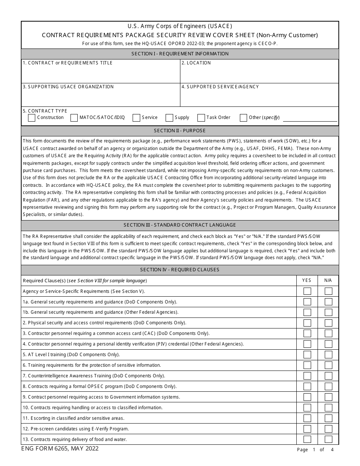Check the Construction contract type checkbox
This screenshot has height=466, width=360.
[32, 118]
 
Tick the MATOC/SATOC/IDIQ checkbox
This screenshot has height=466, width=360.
[74, 118]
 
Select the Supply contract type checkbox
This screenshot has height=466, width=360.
[169, 118]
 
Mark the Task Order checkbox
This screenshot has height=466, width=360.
[201, 118]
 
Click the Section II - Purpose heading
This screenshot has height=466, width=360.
[180, 131]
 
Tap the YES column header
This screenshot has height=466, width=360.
[307, 280]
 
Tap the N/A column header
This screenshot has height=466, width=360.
[328, 280]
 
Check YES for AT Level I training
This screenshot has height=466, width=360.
[307, 355]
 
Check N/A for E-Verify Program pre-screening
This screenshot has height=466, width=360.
[329, 429]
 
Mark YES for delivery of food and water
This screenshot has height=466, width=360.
[307, 439]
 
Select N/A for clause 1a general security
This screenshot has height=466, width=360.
[329, 302]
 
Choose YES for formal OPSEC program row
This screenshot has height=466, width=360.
[307, 386]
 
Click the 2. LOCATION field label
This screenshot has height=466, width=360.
[196, 63]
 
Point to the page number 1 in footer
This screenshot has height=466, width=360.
[314, 450]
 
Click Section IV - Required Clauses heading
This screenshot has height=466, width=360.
[180, 270]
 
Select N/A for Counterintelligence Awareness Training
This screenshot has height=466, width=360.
[329, 376]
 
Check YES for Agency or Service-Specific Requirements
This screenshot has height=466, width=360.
[307, 291]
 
